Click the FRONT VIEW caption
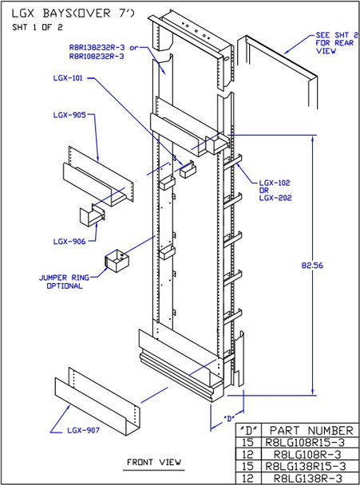pyautogui.click(x=154, y=462)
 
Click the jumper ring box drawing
pyautogui.click(x=117, y=262)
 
